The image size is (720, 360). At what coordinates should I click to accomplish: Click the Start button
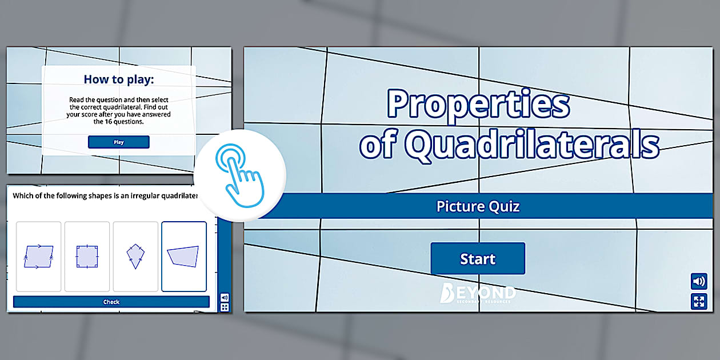click(x=478, y=259)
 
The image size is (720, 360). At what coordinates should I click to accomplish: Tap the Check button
click(x=111, y=302)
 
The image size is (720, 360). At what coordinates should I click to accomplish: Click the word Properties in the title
click(x=478, y=104)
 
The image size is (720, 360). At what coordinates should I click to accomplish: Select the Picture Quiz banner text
click(x=478, y=206)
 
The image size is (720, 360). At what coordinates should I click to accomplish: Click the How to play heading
click(x=119, y=79)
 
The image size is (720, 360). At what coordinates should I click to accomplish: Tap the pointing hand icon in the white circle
click(x=239, y=175)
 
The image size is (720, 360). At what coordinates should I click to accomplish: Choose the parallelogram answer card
click(x=39, y=257)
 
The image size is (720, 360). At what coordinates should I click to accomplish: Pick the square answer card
click(x=87, y=257)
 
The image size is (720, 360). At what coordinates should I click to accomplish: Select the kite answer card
click(x=135, y=257)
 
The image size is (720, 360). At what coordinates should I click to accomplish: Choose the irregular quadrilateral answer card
click(x=184, y=257)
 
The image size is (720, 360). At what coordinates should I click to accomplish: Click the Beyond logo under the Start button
click(x=478, y=293)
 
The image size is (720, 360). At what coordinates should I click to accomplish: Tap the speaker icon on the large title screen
click(x=699, y=282)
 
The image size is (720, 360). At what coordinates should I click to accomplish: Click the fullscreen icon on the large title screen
click(x=699, y=301)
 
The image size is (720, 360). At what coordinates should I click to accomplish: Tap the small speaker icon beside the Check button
click(x=225, y=297)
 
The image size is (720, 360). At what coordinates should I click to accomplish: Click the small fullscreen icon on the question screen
click(x=225, y=307)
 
